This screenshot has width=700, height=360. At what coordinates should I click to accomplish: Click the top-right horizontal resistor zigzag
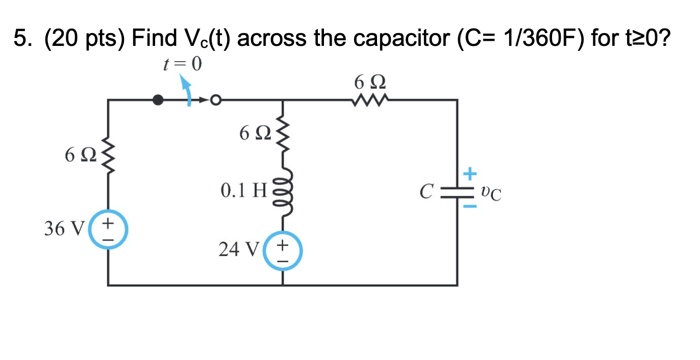[370, 100]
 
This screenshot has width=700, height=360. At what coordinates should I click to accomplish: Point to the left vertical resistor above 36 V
[108, 153]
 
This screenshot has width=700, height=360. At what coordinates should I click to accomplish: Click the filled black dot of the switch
[159, 100]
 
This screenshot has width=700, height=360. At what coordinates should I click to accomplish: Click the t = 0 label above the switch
[181, 64]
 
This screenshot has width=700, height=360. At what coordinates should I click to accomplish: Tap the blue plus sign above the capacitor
[470, 175]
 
